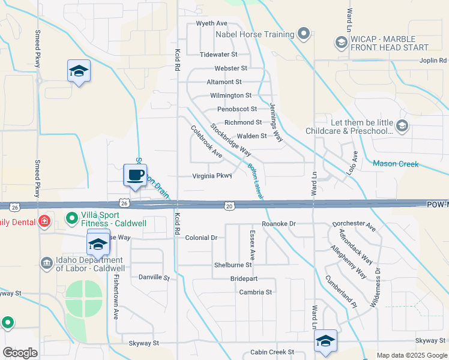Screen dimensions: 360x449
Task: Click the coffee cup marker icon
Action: pyautogui.click(x=135, y=176)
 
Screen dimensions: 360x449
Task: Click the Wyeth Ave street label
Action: pyautogui.click(x=211, y=23)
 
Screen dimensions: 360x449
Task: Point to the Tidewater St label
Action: pyautogui.click(x=219, y=54)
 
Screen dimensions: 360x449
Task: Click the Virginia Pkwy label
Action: pyautogui.click(x=211, y=176)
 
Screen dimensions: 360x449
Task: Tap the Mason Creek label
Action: pyautogui.click(x=396, y=163)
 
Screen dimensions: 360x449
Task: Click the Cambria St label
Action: pyautogui.click(x=256, y=292)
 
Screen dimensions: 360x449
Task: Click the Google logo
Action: pyautogui.click(x=20, y=352)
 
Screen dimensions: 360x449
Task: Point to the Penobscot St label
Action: pyautogui.click(x=237, y=109)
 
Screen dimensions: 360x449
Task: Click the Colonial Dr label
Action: pyautogui.click(x=201, y=238)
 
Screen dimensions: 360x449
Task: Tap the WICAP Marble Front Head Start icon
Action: pyautogui.click(x=342, y=42)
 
